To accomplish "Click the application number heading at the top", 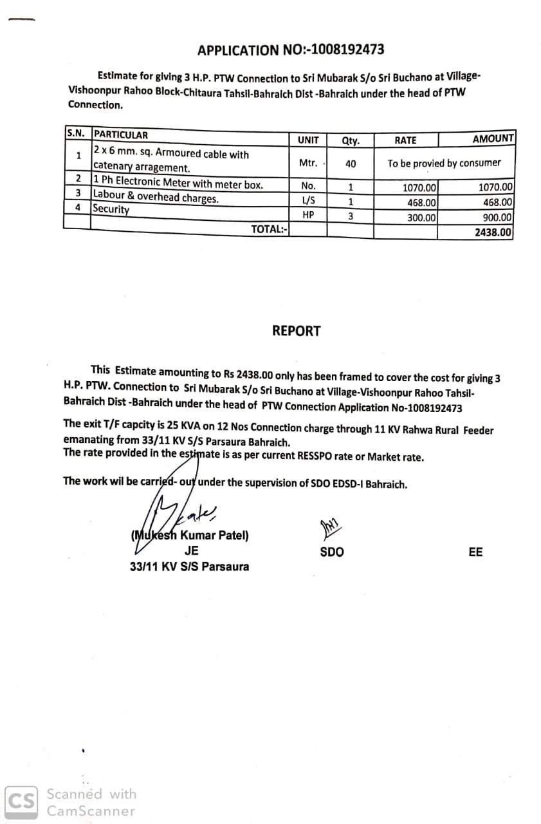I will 291,50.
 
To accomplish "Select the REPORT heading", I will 296,331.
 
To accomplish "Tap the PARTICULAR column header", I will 121,135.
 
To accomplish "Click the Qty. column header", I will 351,140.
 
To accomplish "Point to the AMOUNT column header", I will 493,139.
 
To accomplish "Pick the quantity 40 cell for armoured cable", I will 351,164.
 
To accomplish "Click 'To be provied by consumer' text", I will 444,163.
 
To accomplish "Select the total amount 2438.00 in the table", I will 493,232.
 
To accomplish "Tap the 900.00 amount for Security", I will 497,218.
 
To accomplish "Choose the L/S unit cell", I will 308,200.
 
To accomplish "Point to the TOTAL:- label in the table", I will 270,229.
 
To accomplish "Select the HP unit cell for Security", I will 308,215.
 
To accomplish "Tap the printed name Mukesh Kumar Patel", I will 190,535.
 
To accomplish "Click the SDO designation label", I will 332,552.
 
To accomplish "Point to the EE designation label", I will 475,552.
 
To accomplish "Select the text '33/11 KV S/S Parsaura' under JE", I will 189,566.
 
